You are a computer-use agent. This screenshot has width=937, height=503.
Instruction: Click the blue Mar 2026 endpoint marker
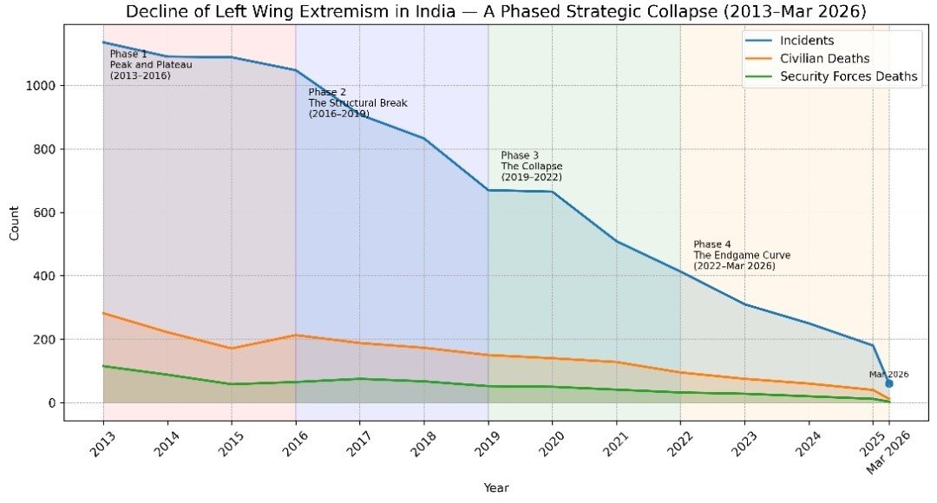[x=888, y=383]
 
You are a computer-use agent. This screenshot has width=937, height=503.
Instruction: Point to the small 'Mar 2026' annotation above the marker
[x=888, y=374]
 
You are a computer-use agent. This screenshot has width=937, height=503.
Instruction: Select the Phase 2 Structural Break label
[x=357, y=103]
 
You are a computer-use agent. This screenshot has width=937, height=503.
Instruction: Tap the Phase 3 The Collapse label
[x=531, y=166]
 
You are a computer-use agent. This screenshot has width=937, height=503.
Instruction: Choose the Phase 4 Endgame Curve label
[x=741, y=255]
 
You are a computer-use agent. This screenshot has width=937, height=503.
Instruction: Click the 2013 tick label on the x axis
[x=102, y=443]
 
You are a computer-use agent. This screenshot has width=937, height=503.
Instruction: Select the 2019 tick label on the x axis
[x=487, y=443]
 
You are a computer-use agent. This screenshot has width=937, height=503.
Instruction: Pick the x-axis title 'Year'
[x=495, y=487]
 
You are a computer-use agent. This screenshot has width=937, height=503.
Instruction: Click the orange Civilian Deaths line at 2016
[x=296, y=335]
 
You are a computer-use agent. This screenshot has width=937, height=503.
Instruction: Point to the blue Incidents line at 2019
[x=488, y=190]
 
